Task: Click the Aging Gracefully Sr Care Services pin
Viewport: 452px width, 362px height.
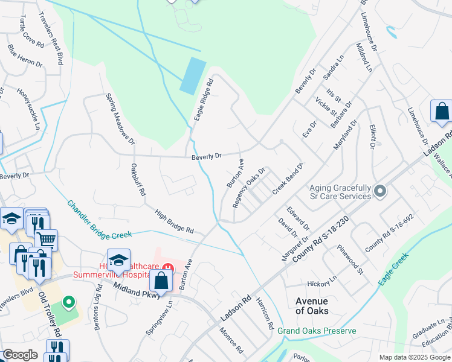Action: pos(379,191)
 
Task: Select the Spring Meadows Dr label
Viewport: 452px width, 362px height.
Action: pos(120,119)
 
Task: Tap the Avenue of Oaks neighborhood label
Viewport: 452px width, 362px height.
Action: pos(312,306)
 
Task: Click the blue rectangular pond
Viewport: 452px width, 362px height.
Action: pos(192,75)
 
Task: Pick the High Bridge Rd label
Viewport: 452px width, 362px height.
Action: pos(173,221)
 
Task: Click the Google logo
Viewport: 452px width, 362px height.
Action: pos(20,355)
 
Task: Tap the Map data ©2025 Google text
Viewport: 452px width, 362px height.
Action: pos(414,357)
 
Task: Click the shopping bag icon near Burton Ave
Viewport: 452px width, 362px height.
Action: pos(161,280)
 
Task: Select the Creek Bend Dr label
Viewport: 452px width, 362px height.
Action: pos(287,178)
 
